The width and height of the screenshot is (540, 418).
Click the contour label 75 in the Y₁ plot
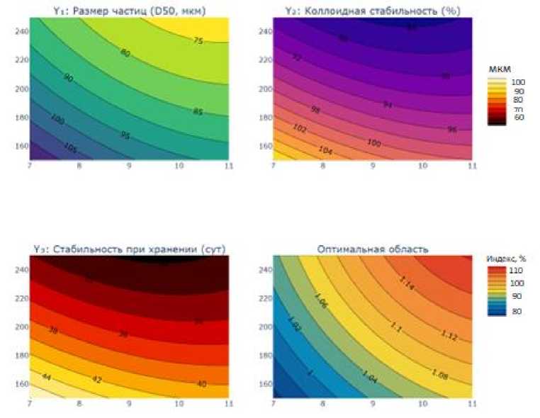click(x=198, y=41)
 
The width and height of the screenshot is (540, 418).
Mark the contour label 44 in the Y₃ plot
click(x=47, y=375)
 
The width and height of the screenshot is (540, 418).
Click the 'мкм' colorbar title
click(x=495, y=70)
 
